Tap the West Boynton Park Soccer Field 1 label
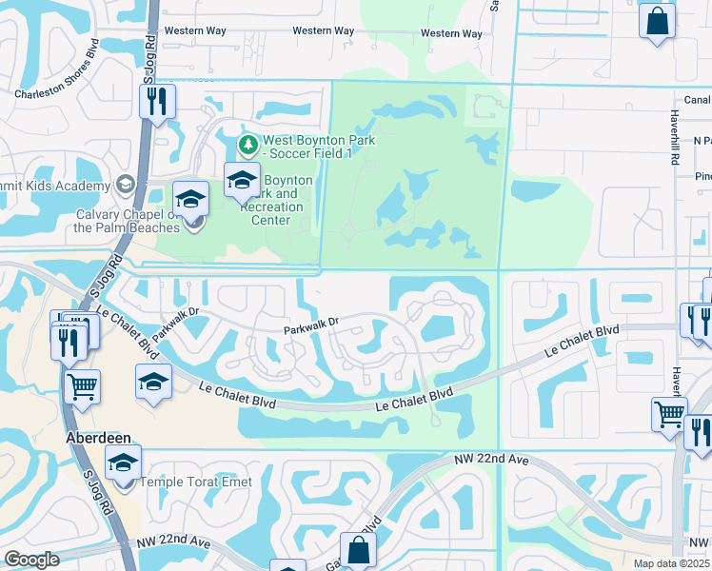pyautogui.click(x=319, y=147)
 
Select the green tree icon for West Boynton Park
pyautogui.click(x=247, y=144)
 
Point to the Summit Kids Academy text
pyautogui.click(x=52, y=183)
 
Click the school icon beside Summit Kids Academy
pyautogui.click(x=125, y=184)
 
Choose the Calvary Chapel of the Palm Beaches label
pyautogui.click(x=128, y=221)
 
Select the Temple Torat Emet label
pyautogui.click(x=196, y=482)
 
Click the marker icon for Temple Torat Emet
pyautogui.click(x=123, y=463)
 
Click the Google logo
pyautogui.click(x=31, y=559)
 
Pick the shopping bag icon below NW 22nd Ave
pyautogui.click(x=358, y=549)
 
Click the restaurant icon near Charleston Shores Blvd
pyautogui.click(x=158, y=100)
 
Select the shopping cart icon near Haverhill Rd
pyautogui.click(x=670, y=414)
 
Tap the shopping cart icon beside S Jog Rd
pyautogui.click(x=83, y=386)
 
